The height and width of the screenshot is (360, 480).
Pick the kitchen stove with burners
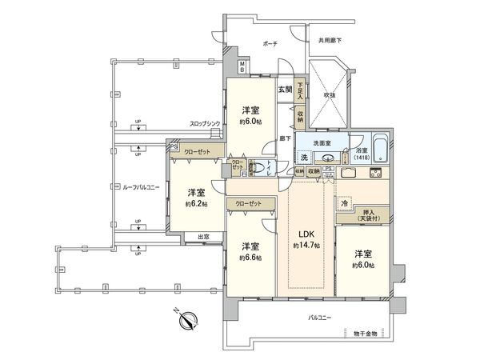click(376, 174)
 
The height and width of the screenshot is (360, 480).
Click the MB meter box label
click(242, 66)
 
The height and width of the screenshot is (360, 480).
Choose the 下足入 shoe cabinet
click(300, 89)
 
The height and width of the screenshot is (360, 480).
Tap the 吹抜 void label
click(330, 94)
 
